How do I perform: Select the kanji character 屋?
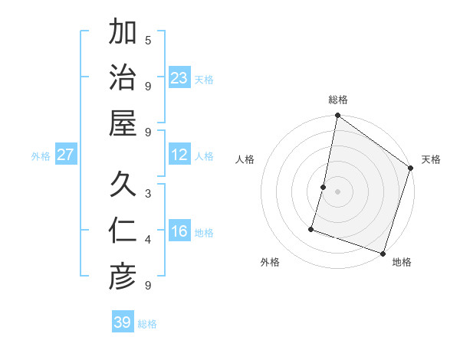(123, 123)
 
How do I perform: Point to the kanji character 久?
(123, 184)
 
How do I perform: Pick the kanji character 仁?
(123, 231)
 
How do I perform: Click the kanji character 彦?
(123, 277)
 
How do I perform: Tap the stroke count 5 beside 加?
(148, 40)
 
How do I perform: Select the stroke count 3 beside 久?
(148, 193)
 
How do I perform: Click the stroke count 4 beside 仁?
(148, 240)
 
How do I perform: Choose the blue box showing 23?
(179, 78)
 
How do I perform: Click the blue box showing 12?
(179, 155)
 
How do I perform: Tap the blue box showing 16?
(179, 232)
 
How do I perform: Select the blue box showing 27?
(66, 155)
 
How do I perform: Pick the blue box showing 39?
(123, 322)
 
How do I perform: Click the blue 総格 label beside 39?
(147, 324)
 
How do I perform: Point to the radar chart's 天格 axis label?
(431, 159)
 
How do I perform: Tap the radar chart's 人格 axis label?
(245, 159)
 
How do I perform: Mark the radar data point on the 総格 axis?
(337, 116)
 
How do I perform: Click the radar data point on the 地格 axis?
(383, 253)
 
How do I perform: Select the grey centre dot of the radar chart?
(337, 191)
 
